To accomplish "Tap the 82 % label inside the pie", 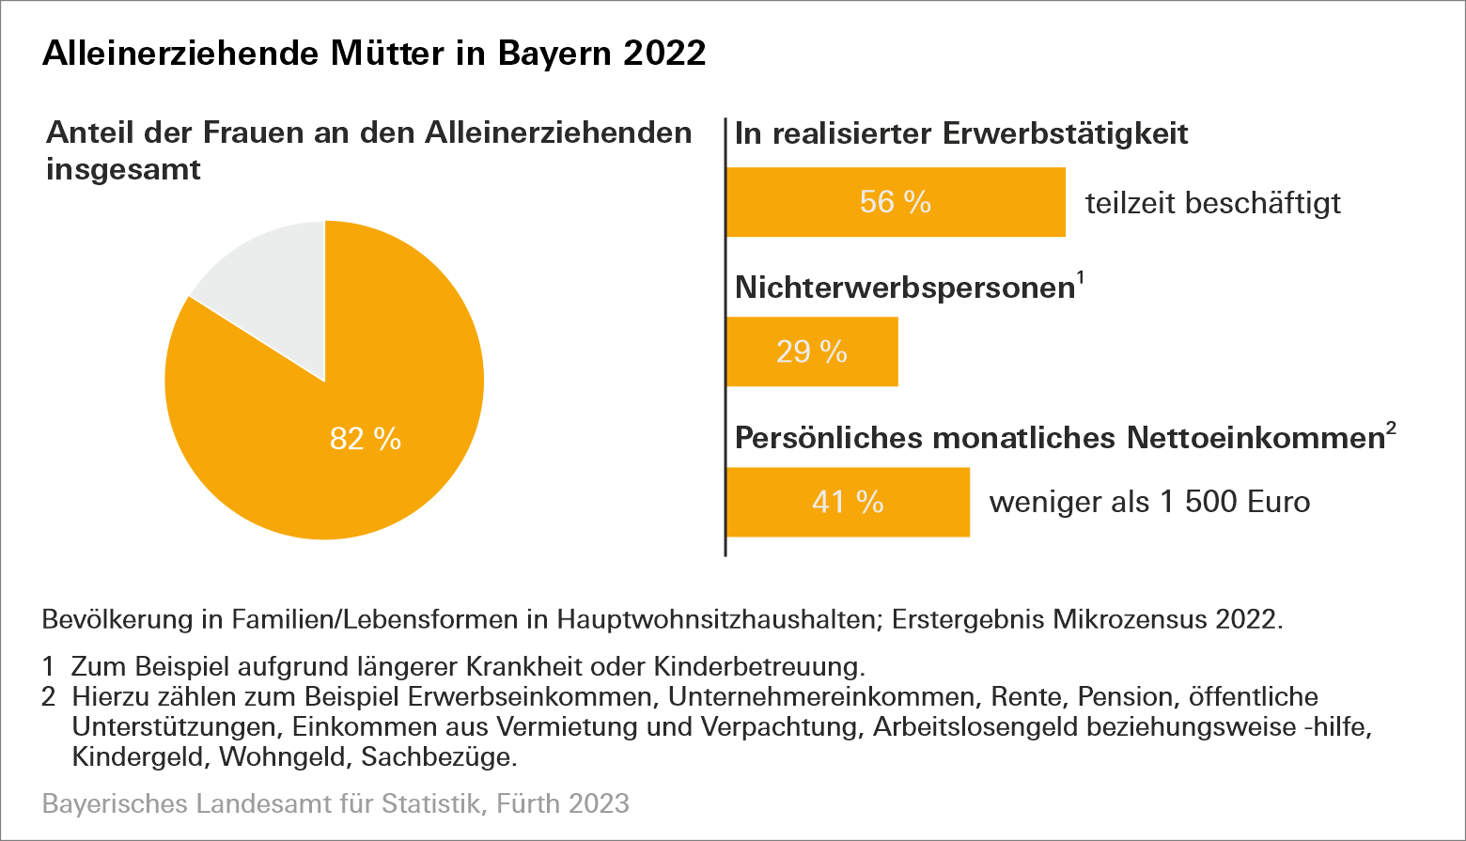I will pyautogui.click(x=366, y=439).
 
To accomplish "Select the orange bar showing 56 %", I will pyautogui.click(x=896, y=202).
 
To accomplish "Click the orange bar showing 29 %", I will pyautogui.click(x=812, y=351).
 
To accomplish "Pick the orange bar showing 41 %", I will pyautogui.click(x=848, y=502).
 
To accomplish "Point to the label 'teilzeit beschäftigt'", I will pyautogui.click(x=1212, y=203).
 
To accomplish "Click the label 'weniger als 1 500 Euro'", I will pyautogui.click(x=1149, y=502).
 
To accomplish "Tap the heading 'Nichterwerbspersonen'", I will pyautogui.click(x=904, y=288).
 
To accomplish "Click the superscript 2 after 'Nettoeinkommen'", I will pyautogui.click(x=1391, y=428).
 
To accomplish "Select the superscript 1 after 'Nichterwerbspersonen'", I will pyautogui.click(x=1081, y=278).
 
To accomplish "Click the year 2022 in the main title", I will pyautogui.click(x=664, y=54).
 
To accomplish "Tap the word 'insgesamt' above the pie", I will pyautogui.click(x=123, y=170).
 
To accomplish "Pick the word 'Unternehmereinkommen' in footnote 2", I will pyautogui.click(x=822, y=697).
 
